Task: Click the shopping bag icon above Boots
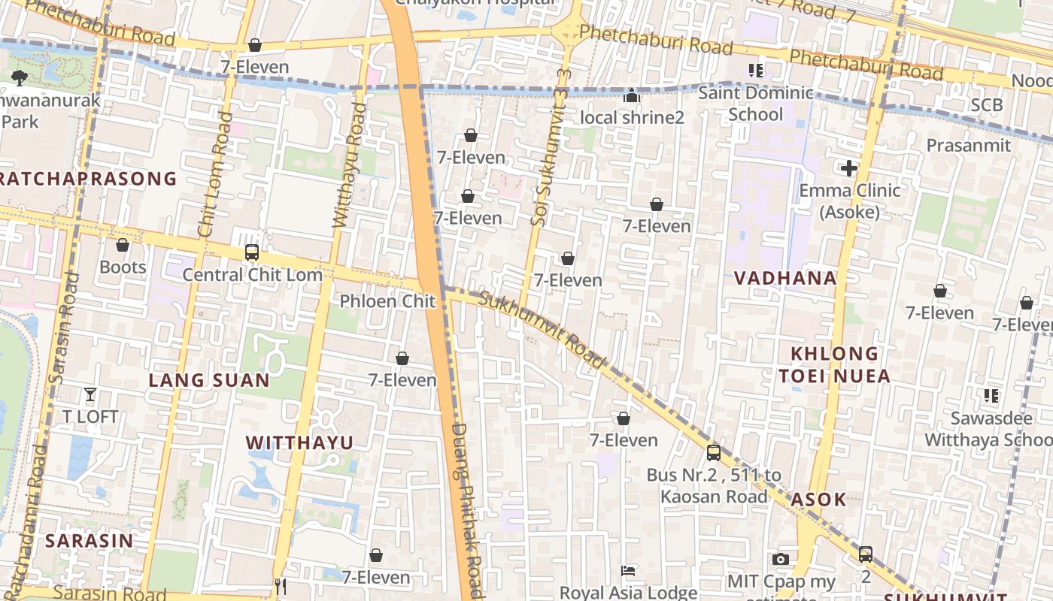coord(123,245)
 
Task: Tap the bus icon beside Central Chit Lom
coord(252,252)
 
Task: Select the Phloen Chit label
coord(387,301)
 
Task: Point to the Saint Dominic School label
coord(756,104)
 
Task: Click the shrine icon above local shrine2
coord(632,95)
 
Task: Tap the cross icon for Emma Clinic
coord(849,168)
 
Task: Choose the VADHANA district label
coord(785,278)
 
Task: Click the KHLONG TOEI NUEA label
coord(835,364)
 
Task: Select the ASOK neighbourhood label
coord(818,500)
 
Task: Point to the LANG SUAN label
coord(209,380)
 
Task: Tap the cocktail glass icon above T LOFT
coord(90,394)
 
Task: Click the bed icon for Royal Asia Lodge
coord(628,571)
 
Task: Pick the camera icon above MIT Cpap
coord(781,559)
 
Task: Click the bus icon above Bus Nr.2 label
coord(714,453)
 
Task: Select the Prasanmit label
coord(969,145)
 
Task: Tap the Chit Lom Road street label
coord(214,174)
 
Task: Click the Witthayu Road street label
coord(350,166)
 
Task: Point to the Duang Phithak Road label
coord(466,511)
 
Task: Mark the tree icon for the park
coord(20,77)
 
